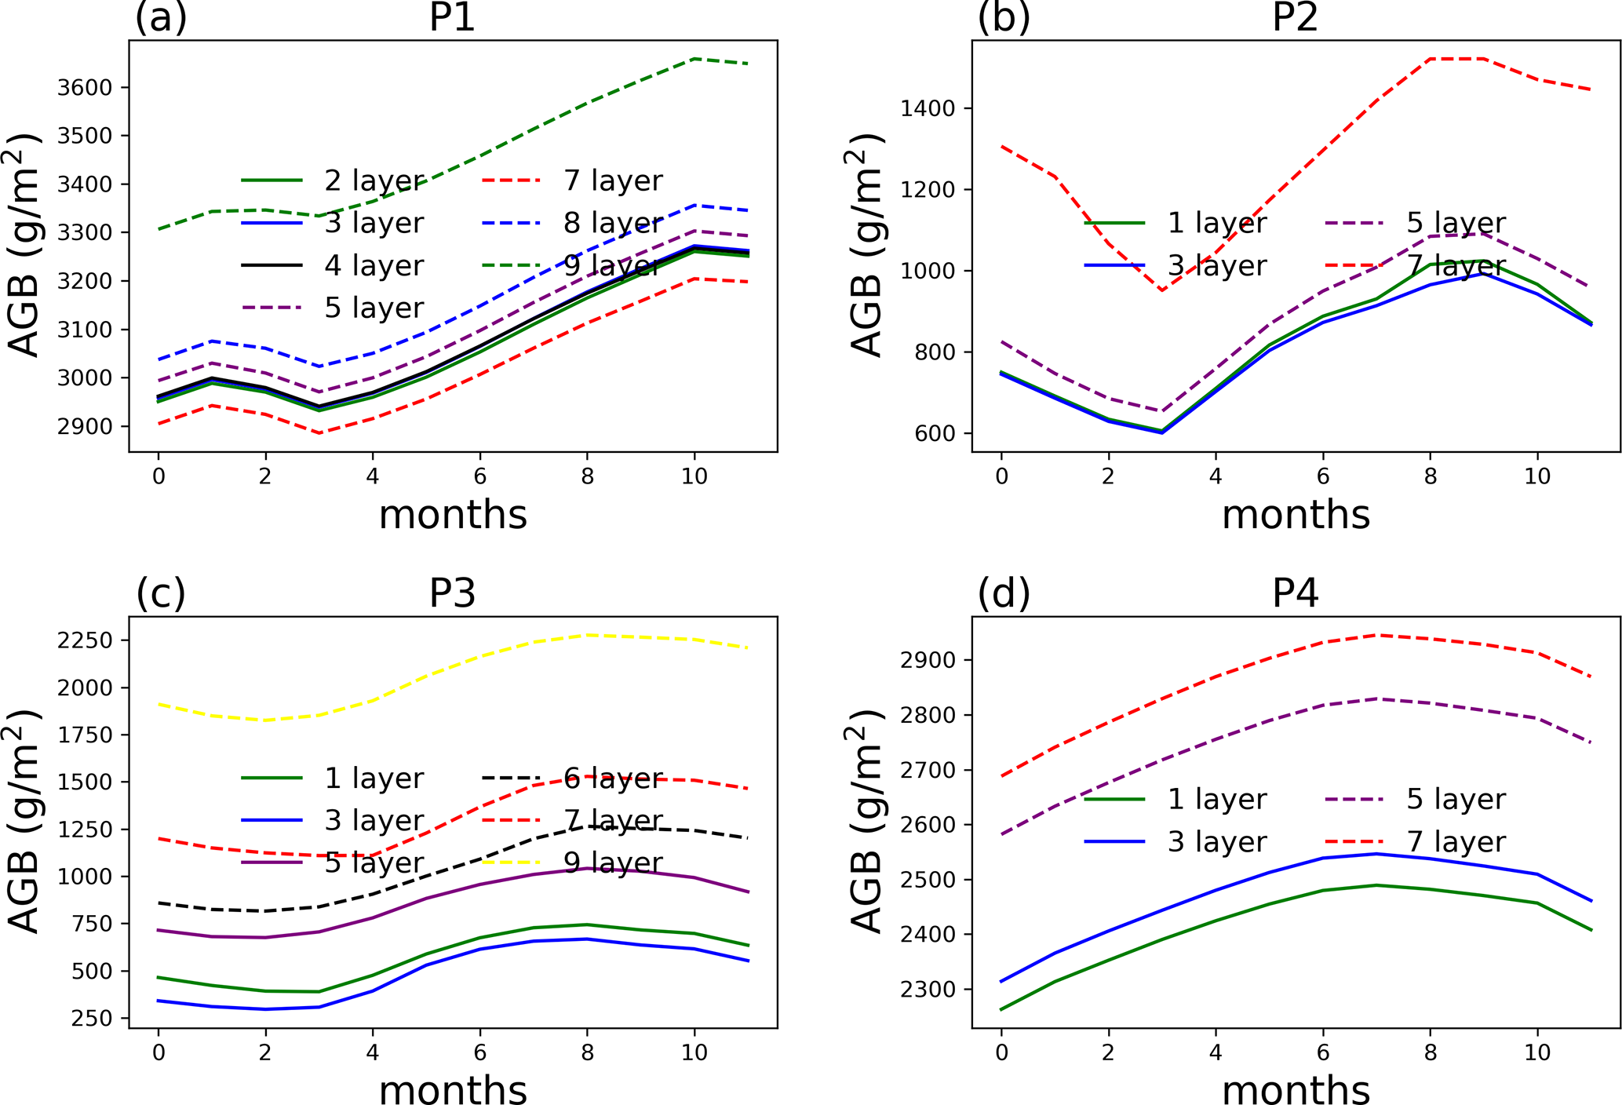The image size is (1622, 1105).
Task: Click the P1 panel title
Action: click(452, 17)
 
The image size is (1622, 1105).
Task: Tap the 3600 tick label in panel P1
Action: click(85, 87)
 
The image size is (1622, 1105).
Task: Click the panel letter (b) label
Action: click(1003, 17)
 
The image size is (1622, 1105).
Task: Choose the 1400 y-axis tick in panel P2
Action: click(928, 108)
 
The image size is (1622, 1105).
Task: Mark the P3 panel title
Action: click(452, 593)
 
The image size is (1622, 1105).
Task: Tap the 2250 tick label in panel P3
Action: click(85, 640)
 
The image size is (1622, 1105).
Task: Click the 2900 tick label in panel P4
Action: click(928, 660)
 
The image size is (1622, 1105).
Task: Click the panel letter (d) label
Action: click(1003, 593)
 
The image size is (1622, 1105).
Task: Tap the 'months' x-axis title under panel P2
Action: click(1296, 516)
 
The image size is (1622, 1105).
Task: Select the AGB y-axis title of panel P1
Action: click(25, 245)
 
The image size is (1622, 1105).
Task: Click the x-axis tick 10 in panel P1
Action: click(694, 476)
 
